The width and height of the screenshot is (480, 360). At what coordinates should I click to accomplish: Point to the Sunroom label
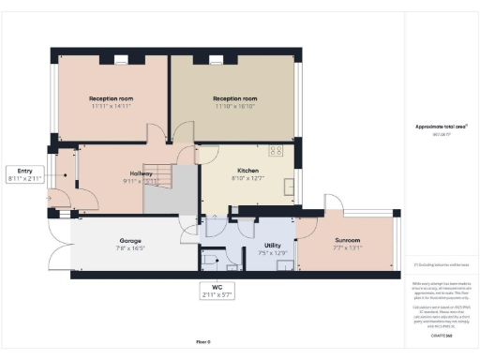347,241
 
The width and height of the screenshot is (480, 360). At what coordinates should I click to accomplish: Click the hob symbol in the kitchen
277,150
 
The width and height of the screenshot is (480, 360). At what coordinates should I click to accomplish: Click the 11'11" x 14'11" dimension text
112,107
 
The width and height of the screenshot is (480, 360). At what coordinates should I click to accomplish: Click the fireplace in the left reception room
121,60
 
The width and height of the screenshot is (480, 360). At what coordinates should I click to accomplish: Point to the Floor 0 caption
203,341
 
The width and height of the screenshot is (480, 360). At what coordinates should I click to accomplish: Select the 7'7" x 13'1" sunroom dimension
347,248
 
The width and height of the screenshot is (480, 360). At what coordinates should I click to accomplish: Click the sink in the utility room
280,263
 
